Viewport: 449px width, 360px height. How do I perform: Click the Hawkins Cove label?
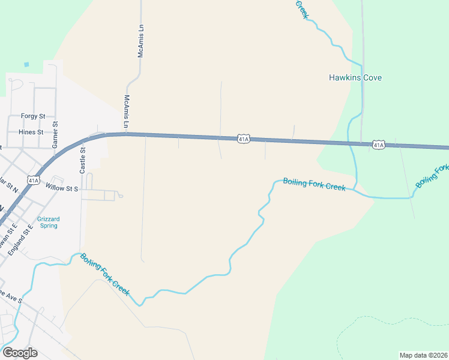355,77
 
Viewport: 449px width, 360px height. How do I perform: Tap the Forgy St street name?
33,116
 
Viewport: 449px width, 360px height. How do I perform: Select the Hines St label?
31,131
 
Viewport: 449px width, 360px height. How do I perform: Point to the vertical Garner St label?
55,135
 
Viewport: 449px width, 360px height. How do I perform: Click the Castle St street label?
83,161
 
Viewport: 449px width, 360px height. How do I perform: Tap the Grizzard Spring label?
48,222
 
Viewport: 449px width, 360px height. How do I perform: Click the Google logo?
19,352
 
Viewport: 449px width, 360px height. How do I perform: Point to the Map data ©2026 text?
423,355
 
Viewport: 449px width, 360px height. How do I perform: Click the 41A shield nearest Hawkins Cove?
378,145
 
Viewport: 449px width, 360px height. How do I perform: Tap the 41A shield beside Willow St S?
34,179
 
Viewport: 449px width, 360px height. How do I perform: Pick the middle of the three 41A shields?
243,139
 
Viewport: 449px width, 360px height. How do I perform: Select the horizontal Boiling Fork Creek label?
314,184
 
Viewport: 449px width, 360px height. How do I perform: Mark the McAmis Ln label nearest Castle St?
126,112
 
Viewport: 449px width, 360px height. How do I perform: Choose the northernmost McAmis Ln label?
142,41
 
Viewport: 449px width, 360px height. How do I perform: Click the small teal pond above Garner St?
26,64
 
